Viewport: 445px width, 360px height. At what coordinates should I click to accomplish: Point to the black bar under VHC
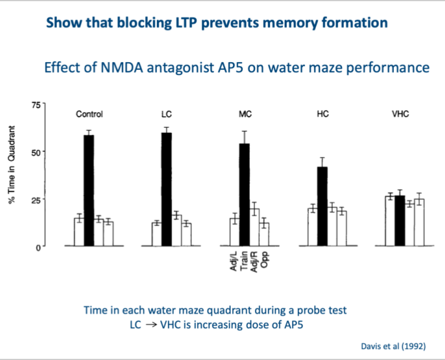tap(400, 221)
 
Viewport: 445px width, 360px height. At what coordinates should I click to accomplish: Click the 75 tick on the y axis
tap(37, 105)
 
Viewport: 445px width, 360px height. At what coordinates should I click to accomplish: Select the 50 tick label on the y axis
tap(37, 152)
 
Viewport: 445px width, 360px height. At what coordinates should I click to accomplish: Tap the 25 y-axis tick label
tap(37, 199)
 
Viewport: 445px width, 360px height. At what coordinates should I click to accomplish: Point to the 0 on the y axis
tap(38, 247)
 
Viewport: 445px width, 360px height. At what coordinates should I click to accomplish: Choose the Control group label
tap(89, 114)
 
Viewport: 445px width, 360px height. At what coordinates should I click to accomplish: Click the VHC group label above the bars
tap(400, 114)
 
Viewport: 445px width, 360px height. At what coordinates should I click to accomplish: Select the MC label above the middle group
tap(245, 114)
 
